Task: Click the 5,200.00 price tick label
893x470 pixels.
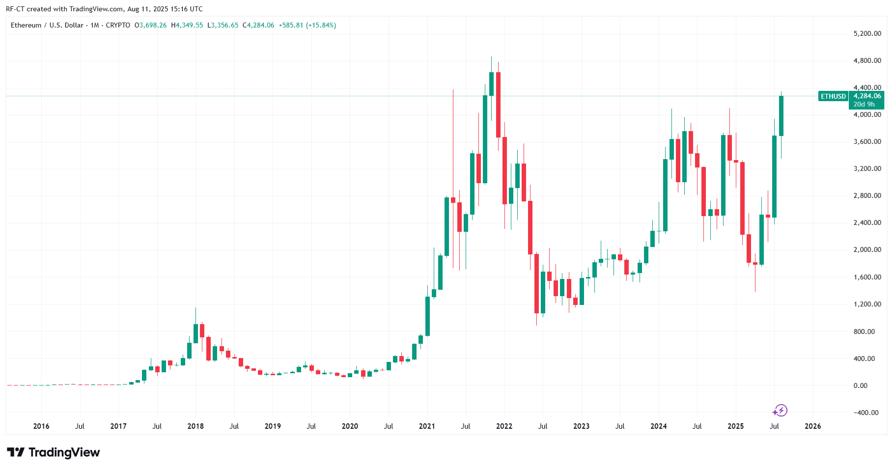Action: point(867,34)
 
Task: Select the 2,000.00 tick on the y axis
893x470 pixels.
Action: point(867,249)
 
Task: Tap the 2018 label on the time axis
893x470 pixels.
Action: point(195,426)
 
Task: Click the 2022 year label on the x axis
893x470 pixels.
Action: point(504,426)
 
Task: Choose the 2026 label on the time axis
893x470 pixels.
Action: point(812,426)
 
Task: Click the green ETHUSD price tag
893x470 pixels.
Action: point(833,97)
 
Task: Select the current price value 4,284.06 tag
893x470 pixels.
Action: point(867,96)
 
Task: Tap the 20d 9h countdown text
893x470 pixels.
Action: point(864,105)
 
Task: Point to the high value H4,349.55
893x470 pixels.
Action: point(187,25)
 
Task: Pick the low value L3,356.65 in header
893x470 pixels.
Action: point(223,25)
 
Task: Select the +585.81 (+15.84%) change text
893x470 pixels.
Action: point(307,25)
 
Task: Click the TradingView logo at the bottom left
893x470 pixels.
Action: point(54,452)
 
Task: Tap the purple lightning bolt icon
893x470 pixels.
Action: point(780,411)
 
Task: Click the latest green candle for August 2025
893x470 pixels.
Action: point(781,116)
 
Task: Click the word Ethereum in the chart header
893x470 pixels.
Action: point(26,25)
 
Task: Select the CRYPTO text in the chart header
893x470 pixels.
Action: point(118,25)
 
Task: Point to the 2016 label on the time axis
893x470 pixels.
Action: point(41,426)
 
